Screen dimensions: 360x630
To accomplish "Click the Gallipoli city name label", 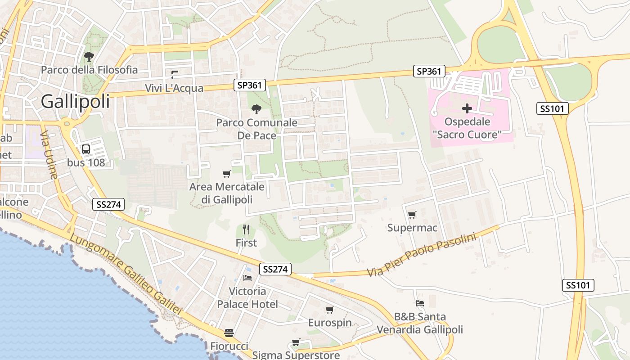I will coord(75,102).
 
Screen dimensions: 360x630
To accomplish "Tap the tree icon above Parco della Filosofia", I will coord(89,57).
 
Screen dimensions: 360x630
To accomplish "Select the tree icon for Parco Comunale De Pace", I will coord(256,109).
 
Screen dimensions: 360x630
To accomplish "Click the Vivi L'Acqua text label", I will coord(174,88).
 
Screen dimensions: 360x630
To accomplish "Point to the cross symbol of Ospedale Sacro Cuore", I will coord(467,108).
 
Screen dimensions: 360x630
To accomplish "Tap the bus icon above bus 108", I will coord(85,149).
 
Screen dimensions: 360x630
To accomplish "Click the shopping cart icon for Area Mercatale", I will coord(227,174).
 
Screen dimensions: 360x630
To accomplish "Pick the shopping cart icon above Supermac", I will coord(412,215).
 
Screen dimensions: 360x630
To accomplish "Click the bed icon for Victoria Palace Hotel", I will coord(247,278).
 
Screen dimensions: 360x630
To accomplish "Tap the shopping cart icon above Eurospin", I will coord(329,310).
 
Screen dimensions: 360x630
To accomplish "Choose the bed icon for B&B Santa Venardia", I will coord(420,303).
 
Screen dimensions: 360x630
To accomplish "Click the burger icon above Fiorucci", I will coord(229,333).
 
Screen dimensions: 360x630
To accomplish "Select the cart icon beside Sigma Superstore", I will coord(296,342).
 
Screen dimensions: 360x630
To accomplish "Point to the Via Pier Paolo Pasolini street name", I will coord(421,255).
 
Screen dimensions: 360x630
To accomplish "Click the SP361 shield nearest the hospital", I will coord(429,71).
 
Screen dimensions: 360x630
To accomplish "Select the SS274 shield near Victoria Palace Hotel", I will coord(275,269).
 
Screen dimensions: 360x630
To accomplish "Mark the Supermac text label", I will coord(412,228).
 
